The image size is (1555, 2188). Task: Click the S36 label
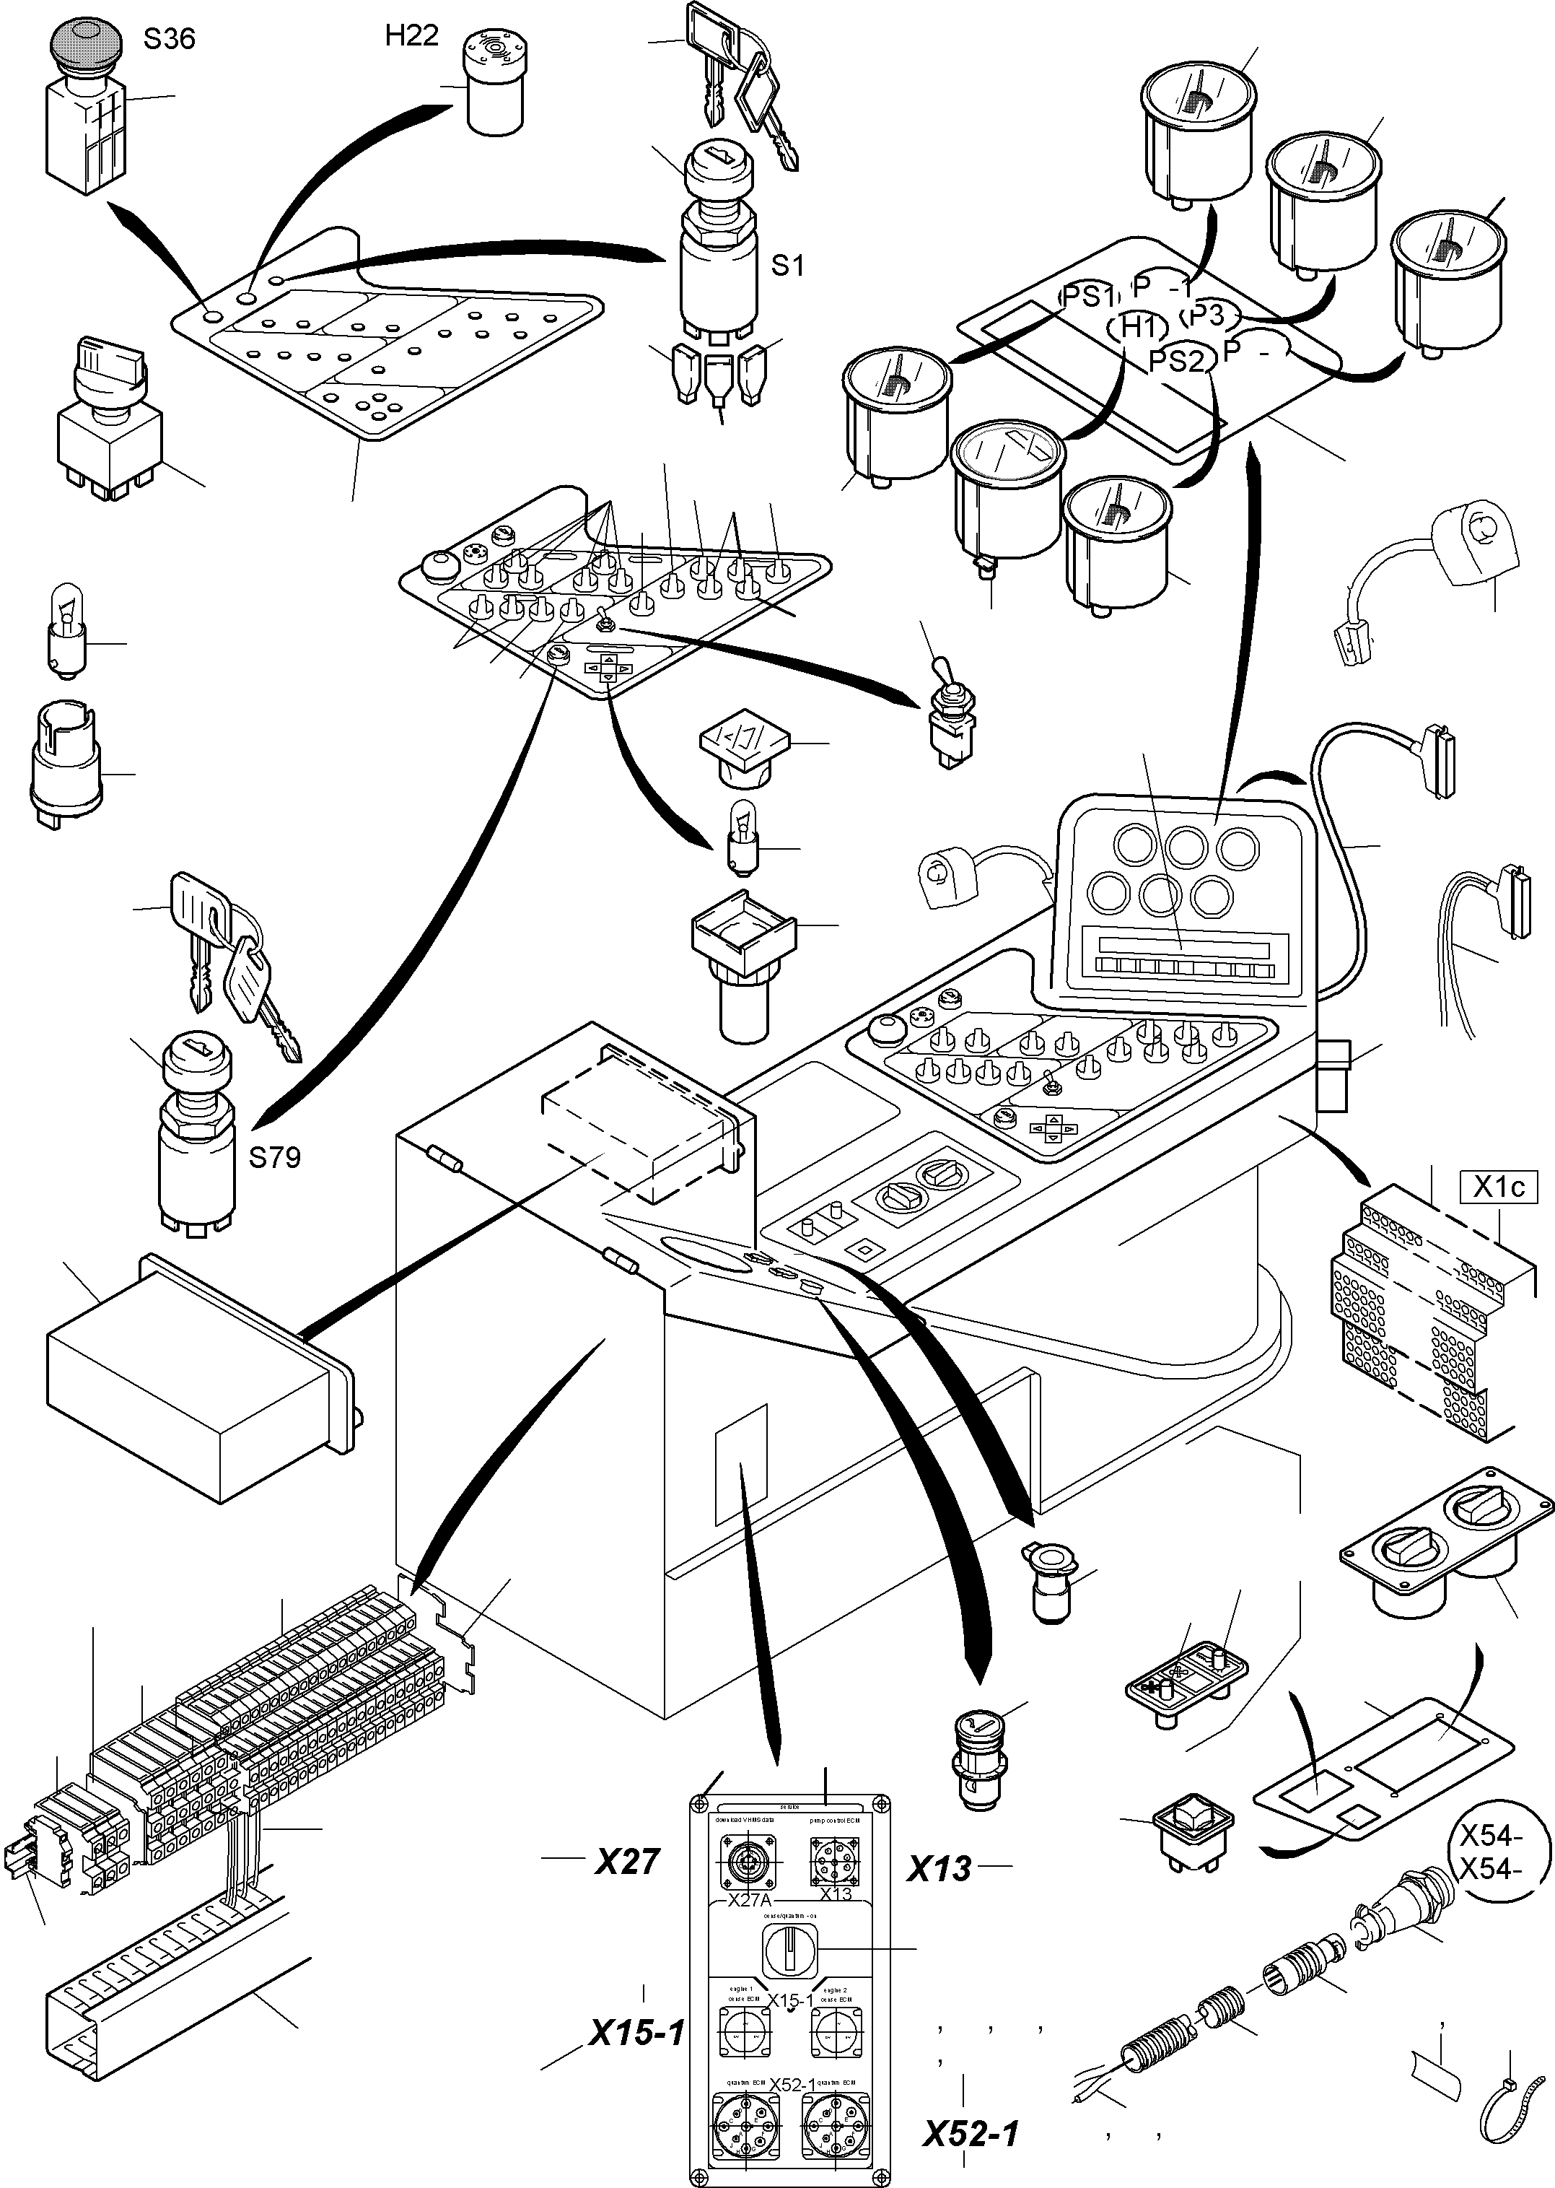coord(169,39)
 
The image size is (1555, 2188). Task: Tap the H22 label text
coord(412,35)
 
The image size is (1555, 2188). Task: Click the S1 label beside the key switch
coord(787,266)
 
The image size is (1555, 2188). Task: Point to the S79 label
coord(274,1157)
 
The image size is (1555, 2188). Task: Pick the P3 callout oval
coord(1209,315)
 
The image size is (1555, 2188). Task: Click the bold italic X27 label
coord(627,1861)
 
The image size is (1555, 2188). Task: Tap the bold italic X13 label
coord(939,1868)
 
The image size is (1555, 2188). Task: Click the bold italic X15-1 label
coord(636,2033)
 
